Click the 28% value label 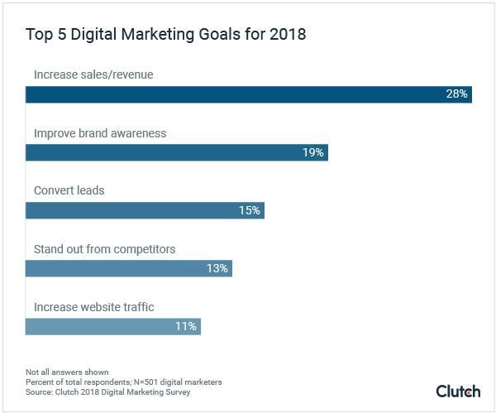pos(457,94)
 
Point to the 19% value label pos(313,152)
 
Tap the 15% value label pos(250,210)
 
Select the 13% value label pos(217,268)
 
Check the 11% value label pos(185,326)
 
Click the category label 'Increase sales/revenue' pos(93,75)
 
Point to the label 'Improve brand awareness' pos(100,133)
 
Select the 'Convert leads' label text pos(69,191)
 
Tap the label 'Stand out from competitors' pos(104,249)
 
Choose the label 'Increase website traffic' pos(93,307)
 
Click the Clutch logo pos(458,390)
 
